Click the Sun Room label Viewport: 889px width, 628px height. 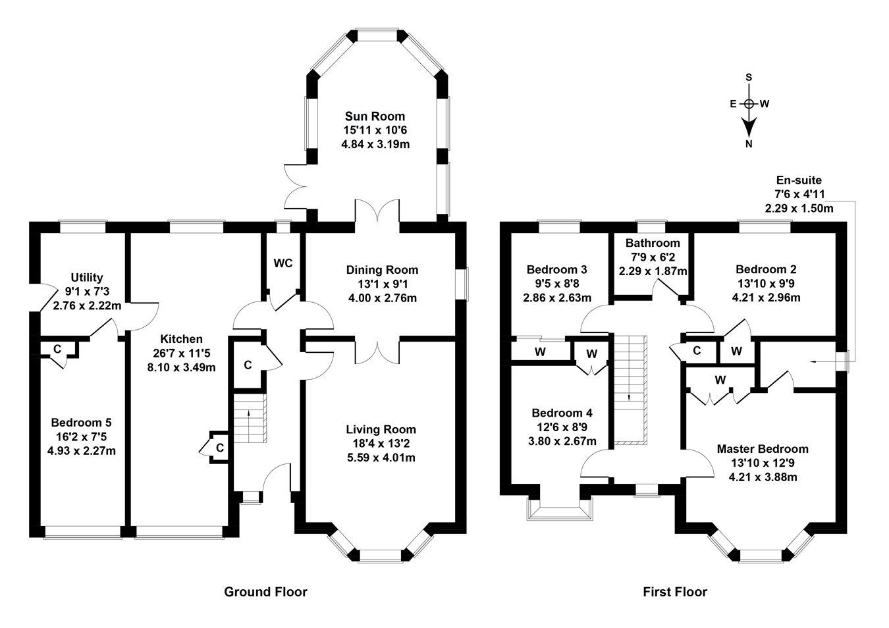click(x=374, y=117)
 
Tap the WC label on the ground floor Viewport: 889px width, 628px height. click(x=283, y=263)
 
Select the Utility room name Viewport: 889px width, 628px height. click(x=87, y=278)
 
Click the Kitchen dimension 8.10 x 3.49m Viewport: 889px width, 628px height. click(x=182, y=367)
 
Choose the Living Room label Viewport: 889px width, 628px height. click(x=382, y=430)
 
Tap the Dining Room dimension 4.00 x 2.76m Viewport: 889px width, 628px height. click(x=382, y=298)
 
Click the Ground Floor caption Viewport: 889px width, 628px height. click(x=265, y=592)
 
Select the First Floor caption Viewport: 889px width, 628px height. click(x=675, y=592)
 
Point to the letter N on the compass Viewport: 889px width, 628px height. click(x=749, y=145)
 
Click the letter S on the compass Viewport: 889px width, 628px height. click(x=749, y=77)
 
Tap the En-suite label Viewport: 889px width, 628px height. click(x=799, y=180)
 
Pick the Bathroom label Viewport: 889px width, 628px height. click(x=653, y=243)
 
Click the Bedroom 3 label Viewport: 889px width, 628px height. click(x=556, y=269)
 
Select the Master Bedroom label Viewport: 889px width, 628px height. click(x=763, y=449)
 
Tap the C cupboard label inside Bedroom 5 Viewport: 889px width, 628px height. click(x=57, y=348)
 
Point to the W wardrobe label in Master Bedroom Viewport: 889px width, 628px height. click(x=720, y=380)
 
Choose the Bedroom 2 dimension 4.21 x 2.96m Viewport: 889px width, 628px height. click(x=766, y=298)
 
